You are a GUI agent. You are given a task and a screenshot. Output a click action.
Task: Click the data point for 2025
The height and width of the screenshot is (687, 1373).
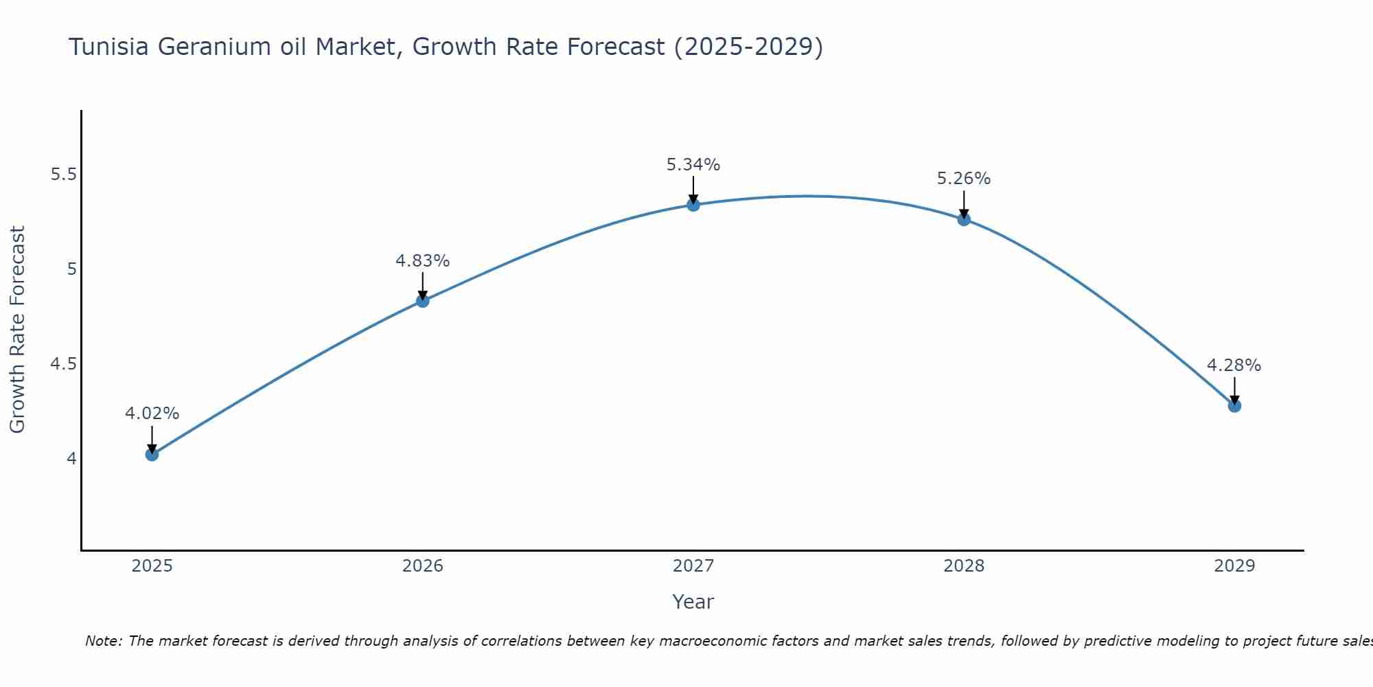tap(152, 454)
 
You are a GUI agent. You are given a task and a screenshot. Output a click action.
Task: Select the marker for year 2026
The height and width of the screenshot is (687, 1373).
tap(422, 301)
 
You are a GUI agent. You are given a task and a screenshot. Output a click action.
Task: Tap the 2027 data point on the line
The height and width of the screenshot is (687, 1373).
tap(693, 205)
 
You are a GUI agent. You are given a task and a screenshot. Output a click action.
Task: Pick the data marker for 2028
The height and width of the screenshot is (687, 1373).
tap(964, 220)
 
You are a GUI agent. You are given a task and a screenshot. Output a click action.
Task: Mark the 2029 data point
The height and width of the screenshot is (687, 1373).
tap(1234, 406)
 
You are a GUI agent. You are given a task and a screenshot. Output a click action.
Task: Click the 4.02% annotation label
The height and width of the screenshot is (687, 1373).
tap(152, 414)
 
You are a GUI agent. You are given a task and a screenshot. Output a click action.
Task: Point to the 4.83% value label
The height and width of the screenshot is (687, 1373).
tap(422, 261)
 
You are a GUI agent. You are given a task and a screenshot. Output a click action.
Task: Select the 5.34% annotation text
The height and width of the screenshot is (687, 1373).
tap(693, 165)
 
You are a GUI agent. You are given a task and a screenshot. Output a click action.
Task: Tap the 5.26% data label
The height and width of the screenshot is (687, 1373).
tap(964, 179)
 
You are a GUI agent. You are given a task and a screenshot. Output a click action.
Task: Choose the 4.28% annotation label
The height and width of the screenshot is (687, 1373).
tap(1234, 365)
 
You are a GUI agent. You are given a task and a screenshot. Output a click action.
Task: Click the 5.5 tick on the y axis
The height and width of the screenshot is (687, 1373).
tap(63, 174)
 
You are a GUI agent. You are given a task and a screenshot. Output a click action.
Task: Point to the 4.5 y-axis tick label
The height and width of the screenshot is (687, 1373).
tap(63, 364)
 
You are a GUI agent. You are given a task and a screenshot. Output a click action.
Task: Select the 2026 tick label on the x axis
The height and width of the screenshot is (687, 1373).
tap(422, 566)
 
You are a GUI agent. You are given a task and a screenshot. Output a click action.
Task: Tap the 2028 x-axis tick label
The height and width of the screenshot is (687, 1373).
tap(964, 566)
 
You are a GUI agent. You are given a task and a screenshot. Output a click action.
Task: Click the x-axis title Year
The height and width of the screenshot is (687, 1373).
tap(693, 602)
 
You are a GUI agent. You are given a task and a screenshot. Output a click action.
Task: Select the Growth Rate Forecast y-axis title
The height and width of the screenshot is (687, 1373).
tap(18, 330)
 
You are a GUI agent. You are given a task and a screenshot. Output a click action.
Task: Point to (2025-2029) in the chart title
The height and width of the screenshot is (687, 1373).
tap(748, 47)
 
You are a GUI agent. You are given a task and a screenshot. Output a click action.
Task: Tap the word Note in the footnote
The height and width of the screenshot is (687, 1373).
tap(103, 641)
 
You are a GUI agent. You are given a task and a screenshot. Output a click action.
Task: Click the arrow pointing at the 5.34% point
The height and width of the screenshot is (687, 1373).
tap(693, 189)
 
